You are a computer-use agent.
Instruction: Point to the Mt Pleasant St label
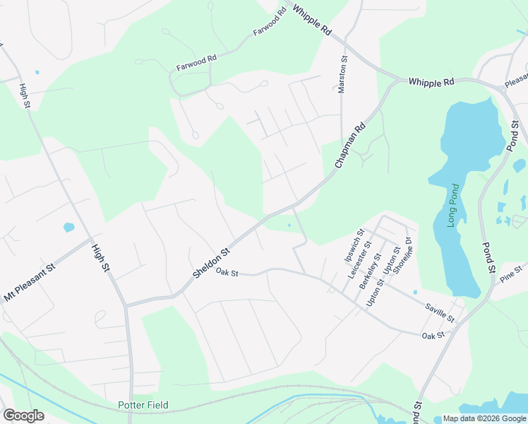point(30,283)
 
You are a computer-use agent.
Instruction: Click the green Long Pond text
point(452,205)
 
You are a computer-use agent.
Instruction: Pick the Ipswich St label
point(353,245)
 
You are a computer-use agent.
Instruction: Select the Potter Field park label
point(143,406)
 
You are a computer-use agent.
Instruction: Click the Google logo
point(23,416)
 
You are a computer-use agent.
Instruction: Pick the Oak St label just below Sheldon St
point(227,272)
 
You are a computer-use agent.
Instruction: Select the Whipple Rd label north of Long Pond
point(431,82)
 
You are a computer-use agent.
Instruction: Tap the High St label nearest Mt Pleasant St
point(102,259)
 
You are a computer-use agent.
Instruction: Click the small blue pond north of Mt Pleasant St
point(68,228)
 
